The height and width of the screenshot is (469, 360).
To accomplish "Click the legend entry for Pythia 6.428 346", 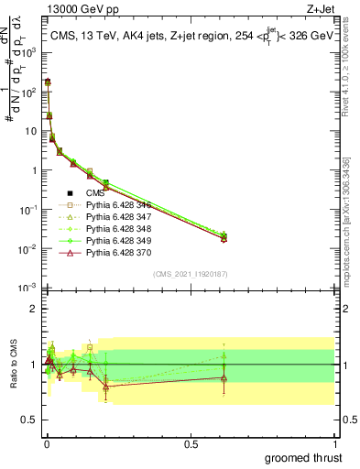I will click(x=116, y=204).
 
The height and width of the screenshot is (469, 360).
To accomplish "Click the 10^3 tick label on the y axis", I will click(x=29, y=53).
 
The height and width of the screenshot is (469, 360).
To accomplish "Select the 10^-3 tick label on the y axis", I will click(x=28, y=289).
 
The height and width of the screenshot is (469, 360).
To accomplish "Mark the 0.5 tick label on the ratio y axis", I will click(x=30, y=420).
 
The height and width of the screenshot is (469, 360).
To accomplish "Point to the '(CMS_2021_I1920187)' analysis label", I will click(x=190, y=274).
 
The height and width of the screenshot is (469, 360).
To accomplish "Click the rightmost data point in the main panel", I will click(x=224, y=237).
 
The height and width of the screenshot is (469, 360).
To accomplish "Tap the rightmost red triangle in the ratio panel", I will click(x=224, y=377).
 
